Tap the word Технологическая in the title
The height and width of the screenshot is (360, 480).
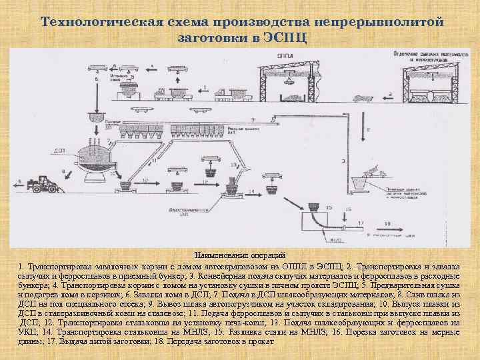coord(99,22)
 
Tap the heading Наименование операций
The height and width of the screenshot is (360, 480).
coord(239,255)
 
